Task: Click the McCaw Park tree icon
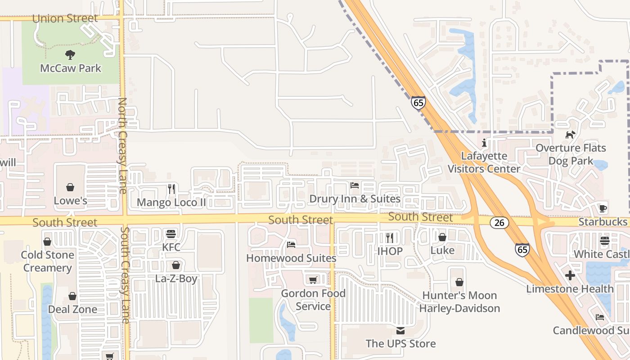coord(70,55)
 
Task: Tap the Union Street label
coord(65,18)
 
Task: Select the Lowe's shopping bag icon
coord(70,187)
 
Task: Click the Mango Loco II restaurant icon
coord(171,189)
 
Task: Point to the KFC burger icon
coord(171,234)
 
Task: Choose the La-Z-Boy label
coord(176,279)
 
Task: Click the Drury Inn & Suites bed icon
coord(355,185)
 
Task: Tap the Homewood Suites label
coord(291,258)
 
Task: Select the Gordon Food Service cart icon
coord(313,280)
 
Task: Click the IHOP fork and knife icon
coord(390,237)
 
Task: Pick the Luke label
coord(442,250)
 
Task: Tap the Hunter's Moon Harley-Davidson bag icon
coord(459,282)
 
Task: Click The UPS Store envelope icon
coord(400,331)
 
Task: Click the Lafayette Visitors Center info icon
coord(484,143)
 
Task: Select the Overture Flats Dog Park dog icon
coord(571,135)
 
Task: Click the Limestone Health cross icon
coord(570,275)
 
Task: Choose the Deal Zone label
coord(72,309)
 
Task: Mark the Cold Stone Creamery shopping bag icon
coord(47,242)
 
